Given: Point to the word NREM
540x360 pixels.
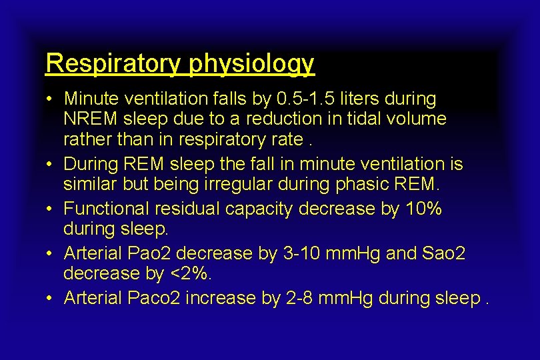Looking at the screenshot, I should tap(87, 119).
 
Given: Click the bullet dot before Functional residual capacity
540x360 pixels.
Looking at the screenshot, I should tap(50, 209).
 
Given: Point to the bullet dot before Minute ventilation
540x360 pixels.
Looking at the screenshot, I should tap(50, 99).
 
